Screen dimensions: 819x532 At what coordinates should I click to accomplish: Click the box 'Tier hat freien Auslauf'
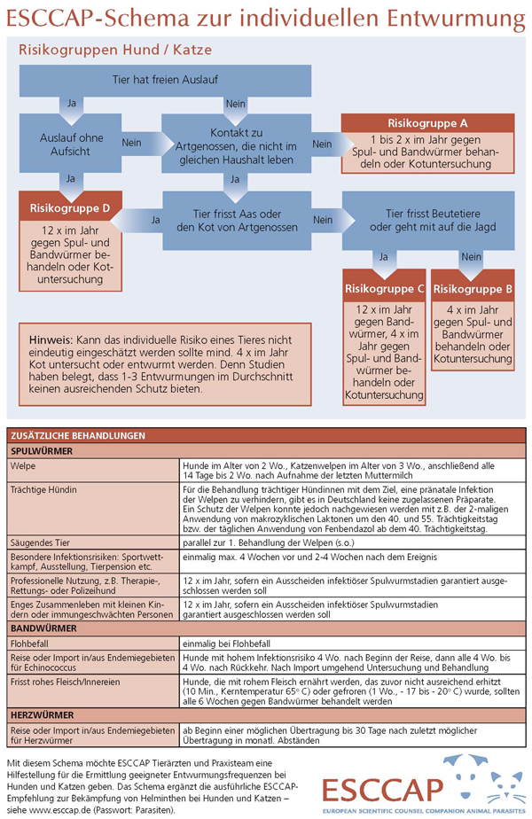pos(166,80)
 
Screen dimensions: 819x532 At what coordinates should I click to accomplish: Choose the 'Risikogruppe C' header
pos(384,289)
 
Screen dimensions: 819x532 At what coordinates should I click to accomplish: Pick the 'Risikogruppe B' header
pos(473,289)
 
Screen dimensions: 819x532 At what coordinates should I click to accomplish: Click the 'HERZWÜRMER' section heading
pos(42,714)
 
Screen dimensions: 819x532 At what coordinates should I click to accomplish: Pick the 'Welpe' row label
pos(24,464)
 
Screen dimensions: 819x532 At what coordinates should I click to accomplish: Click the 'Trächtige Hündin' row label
pos(45,488)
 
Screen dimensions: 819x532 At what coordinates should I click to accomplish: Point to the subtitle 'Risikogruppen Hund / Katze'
pos(108,51)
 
